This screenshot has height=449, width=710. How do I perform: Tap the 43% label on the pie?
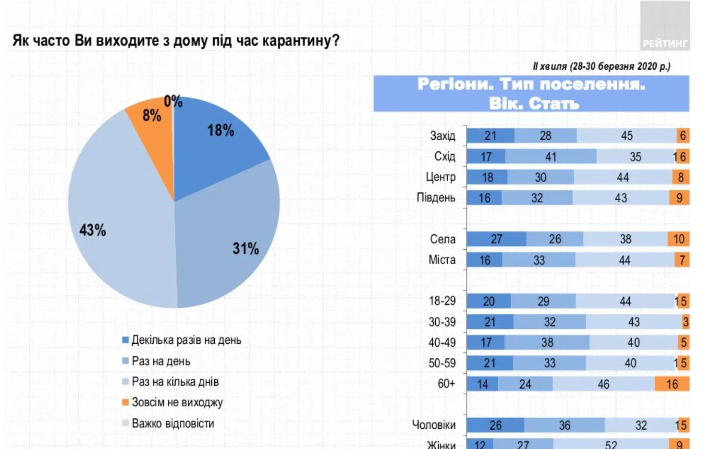pyautogui.click(x=93, y=230)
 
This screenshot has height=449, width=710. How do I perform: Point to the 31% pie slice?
pyautogui.click(x=231, y=240)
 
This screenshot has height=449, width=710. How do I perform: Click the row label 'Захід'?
pyautogui.click(x=442, y=136)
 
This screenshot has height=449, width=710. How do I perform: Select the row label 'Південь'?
pyautogui.click(x=436, y=198)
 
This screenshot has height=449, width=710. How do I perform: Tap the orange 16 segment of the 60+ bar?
pyautogui.click(x=672, y=384)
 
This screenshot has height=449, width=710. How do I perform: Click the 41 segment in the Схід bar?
pyautogui.click(x=551, y=157)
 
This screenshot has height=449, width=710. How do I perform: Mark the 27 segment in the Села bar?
pyautogui.click(x=496, y=239)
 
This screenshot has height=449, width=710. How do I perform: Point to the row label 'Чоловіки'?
pyautogui.click(x=434, y=425)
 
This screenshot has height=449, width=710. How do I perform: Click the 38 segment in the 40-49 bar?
pyautogui.click(x=547, y=343)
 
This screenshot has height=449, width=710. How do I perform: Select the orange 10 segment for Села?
pyautogui.click(x=678, y=239)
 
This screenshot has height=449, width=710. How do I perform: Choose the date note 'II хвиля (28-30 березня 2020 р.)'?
pyautogui.click(x=601, y=66)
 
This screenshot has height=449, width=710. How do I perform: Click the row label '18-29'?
pyautogui.click(x=442, y=301)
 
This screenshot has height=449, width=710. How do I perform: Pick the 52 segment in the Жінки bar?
pyautogui.click(x=611, y=445)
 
